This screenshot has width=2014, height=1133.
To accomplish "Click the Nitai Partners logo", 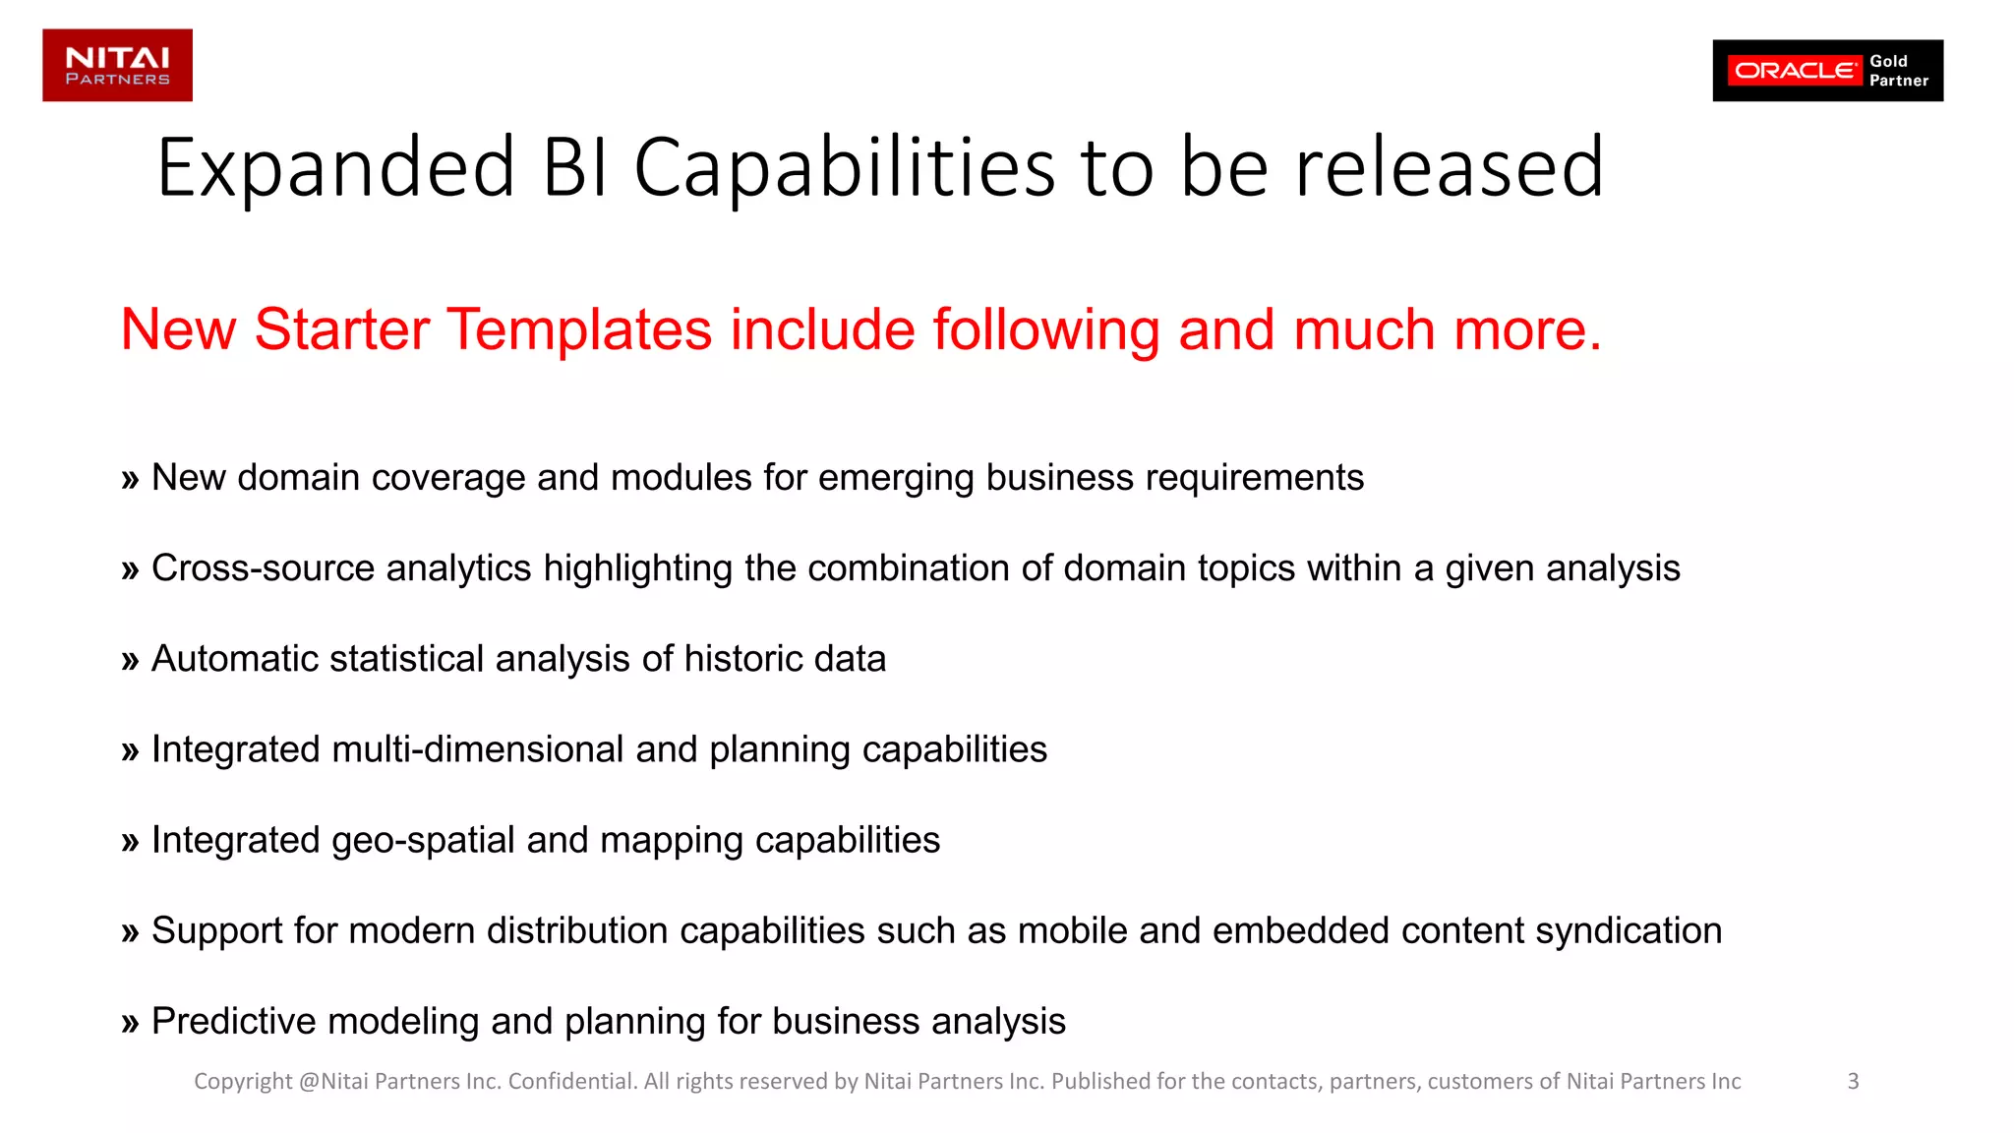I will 117,65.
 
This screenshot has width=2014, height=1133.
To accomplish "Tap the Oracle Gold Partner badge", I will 1827,71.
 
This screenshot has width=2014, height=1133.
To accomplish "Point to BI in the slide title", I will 575,169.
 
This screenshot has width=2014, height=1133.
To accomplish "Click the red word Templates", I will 579,329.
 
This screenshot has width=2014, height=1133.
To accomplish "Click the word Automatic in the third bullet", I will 234,659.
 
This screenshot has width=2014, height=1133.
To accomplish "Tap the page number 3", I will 1853,1081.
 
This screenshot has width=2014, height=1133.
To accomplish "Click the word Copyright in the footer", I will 243,1082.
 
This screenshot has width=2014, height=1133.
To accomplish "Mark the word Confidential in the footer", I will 571,1082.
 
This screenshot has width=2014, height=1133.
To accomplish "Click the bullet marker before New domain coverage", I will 130,480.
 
